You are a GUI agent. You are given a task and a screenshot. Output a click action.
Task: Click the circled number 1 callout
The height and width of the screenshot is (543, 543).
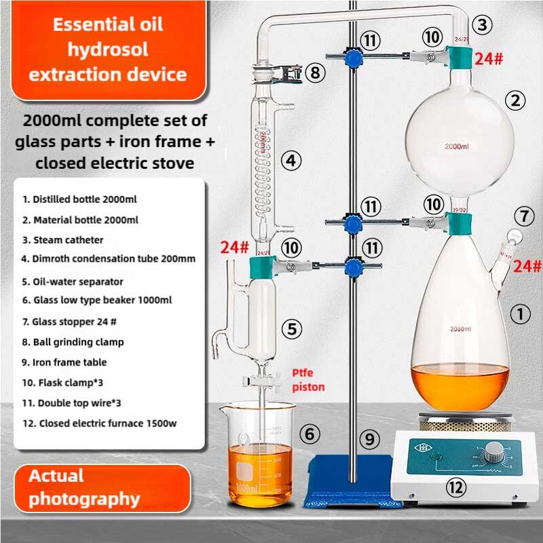click(520, 314)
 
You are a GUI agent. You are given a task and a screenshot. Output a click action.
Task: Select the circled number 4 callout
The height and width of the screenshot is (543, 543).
click(291, 161)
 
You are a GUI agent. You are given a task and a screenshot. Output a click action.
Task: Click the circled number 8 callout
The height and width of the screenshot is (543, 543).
click(315, 72)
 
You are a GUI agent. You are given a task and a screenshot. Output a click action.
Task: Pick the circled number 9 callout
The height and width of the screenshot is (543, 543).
click(369, 440)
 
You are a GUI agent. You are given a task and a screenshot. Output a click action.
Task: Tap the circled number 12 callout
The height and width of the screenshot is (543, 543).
click(456, 486)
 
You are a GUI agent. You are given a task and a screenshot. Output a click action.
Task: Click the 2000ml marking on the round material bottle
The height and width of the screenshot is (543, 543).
click(457, 146)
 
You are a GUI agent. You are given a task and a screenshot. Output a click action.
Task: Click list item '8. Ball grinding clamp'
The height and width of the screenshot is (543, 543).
click(73, 342)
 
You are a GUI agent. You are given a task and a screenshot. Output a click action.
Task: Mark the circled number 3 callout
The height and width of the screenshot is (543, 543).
click(482, 26)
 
